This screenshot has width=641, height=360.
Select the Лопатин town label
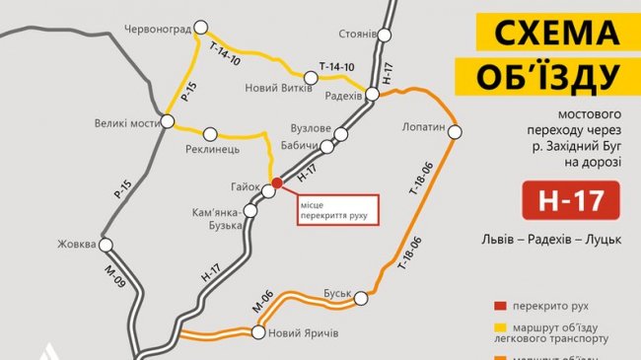pyautogui.click(x=425, y=127)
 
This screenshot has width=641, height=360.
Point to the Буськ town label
pyautogui.click(x=337, y=293)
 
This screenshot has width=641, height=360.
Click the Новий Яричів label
pyautogui.click(x=304, y=333)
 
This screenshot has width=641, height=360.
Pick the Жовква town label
pyautogui.click(x=76, y=243)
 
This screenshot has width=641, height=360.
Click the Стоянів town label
pyautogui.click(x=357, y=34)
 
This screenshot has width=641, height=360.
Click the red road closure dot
pyautogui.click(x=277, y=182)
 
